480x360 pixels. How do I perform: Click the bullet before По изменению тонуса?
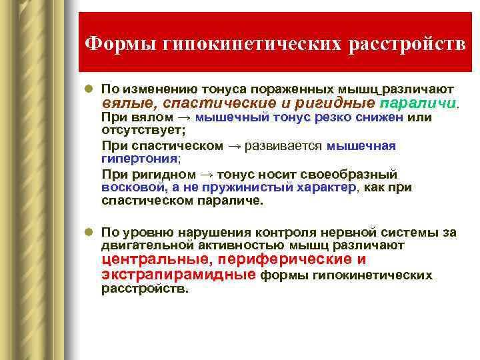click(89, 89)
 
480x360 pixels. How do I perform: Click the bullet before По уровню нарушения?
click(89, 233)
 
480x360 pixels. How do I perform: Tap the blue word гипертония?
click(139, 159)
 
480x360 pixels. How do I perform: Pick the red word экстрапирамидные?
click(178, 274)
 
